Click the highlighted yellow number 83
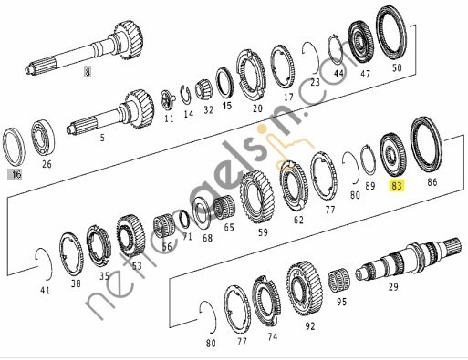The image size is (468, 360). point(396,184)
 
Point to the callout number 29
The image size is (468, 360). point(394,287)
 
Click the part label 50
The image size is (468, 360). point(395,67)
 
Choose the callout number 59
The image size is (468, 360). point(264,232)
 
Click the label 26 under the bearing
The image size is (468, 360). point(47,164)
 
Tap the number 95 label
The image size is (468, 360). point(341,301)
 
